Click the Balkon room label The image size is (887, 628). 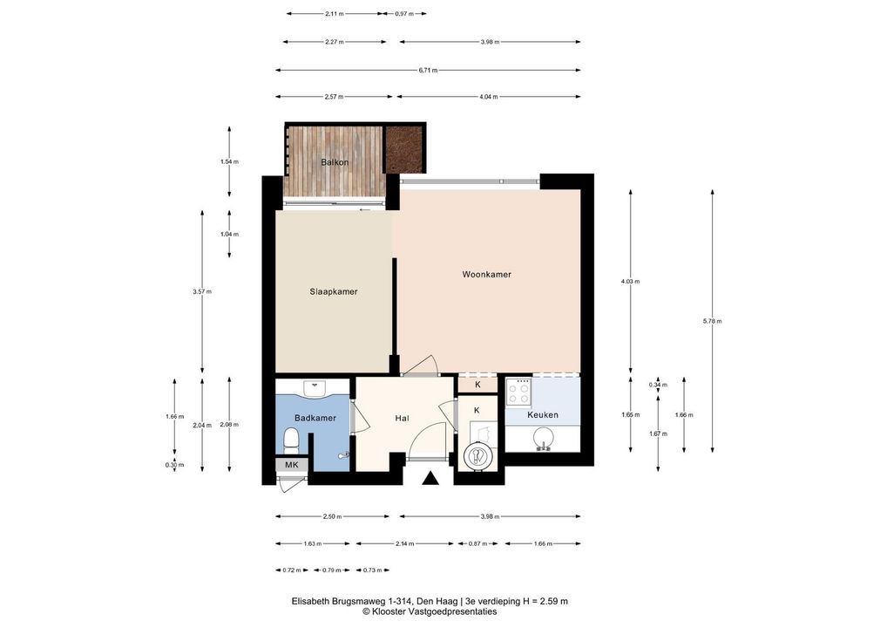335,162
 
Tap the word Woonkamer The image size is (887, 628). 486,274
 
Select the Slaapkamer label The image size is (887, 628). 333,291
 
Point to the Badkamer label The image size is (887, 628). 315,418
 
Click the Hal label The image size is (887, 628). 402,419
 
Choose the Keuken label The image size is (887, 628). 543,414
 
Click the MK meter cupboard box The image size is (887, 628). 292,465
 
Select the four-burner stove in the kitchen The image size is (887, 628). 518,392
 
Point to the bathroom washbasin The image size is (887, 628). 314,388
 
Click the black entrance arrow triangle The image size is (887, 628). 430,479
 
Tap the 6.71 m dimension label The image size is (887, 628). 428,71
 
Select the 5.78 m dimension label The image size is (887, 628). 712,321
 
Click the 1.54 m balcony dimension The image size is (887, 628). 229,161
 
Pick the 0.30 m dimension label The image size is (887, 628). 174,465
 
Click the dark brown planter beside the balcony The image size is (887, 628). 404,149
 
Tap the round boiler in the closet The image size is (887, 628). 477,456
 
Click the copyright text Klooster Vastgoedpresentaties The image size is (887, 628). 430,611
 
